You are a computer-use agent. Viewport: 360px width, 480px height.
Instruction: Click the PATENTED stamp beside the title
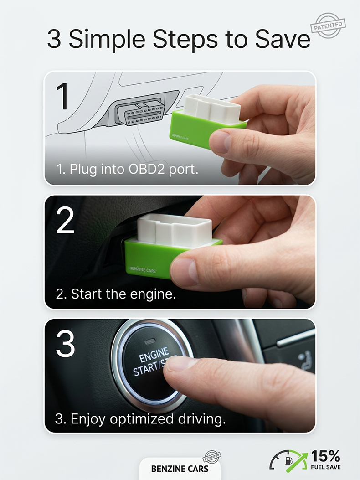coord(328,26)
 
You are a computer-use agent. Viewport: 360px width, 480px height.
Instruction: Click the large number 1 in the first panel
coord(62,97)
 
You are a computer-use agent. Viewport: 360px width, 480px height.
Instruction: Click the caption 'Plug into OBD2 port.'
coord(127,169)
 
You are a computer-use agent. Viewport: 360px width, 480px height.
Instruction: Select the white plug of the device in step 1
coord(212,108)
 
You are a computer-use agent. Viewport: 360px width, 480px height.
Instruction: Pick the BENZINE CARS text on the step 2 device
coord(143,270)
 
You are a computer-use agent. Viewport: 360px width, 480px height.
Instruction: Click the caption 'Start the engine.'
coord(116,294)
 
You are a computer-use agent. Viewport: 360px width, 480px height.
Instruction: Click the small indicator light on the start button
coord(150,340)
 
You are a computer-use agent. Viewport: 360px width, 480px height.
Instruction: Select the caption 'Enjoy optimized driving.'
coord(140,419)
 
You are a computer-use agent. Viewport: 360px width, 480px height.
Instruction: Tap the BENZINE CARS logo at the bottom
coord(180,469)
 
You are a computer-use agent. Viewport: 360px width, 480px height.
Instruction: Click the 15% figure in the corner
coord(325,456)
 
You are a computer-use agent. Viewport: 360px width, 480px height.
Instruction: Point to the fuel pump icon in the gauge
coord(288,460)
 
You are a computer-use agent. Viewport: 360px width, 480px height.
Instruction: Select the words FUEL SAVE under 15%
coord(326,467)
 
